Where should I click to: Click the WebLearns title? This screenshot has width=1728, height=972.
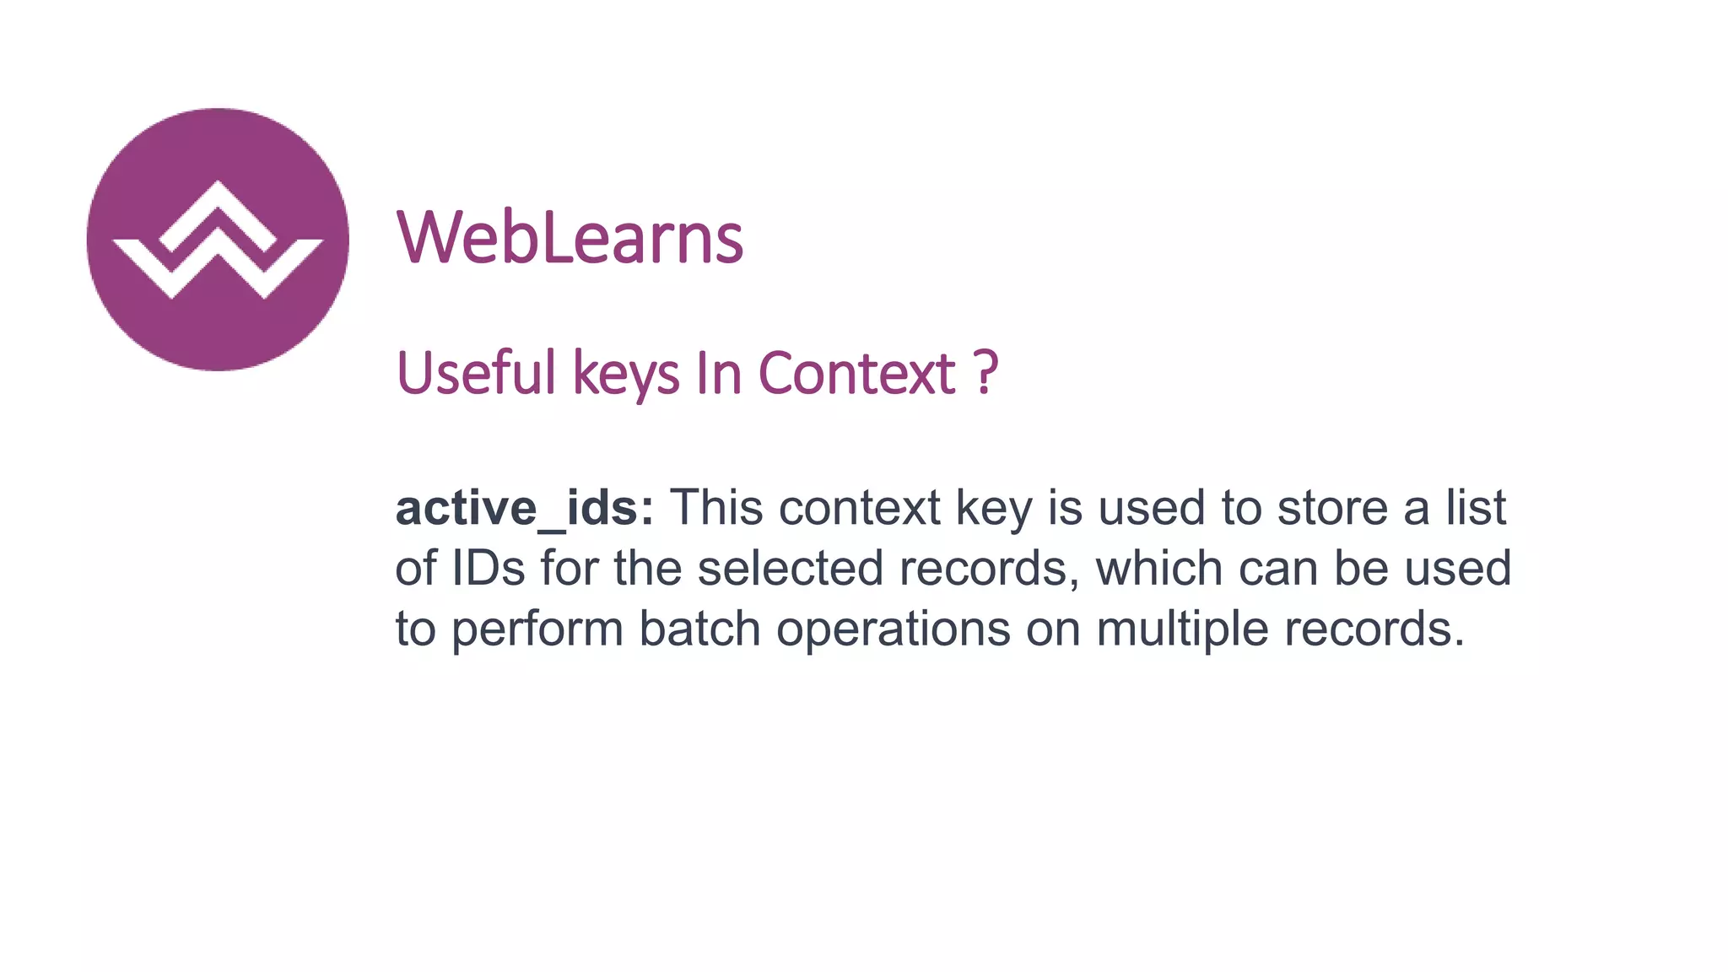570,238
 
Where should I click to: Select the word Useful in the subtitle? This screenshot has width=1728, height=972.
477,373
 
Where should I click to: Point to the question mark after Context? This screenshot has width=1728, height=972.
985,373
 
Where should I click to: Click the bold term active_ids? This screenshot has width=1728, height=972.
524,508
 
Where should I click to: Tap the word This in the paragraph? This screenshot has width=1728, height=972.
716,508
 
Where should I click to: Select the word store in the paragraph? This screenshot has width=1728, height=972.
1332,508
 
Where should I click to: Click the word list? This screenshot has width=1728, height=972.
1476,508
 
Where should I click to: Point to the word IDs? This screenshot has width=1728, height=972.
489,568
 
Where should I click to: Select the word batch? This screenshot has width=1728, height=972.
699,629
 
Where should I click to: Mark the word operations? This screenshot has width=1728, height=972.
893,630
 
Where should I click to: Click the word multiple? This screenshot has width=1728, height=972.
1182,630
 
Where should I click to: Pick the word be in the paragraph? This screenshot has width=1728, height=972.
1361,568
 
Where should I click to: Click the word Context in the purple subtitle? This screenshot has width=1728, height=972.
856,373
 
